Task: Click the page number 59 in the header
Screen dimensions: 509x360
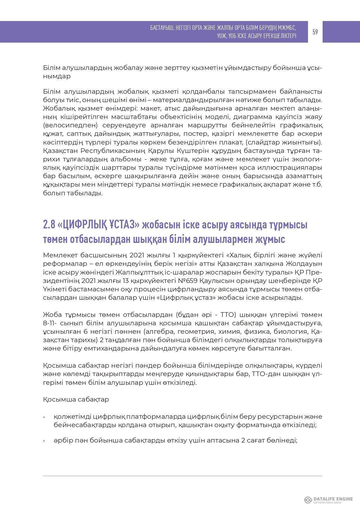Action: (x=315, y=32)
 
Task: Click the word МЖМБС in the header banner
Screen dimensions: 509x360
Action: (x=285, y=28)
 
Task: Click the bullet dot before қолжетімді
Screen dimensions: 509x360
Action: (x=44, y=417)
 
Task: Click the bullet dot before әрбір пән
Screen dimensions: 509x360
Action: (x=44, y=441)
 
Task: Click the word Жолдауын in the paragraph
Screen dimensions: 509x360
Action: (x=304, y=264)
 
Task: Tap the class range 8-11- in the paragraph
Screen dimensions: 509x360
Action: (x=50, y=323)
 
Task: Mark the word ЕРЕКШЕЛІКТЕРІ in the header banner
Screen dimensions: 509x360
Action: (x=278, y=36)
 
